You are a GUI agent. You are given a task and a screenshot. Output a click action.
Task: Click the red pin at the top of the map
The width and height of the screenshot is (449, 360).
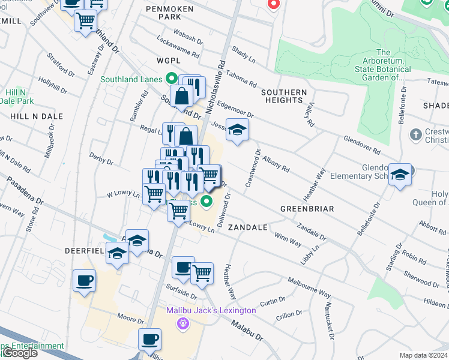273,4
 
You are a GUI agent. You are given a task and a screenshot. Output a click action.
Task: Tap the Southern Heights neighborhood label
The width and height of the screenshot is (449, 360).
284,96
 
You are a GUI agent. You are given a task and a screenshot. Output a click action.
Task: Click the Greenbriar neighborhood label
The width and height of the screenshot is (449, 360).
303,209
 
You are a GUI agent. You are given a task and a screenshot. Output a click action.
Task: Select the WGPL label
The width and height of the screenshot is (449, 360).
168,61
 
